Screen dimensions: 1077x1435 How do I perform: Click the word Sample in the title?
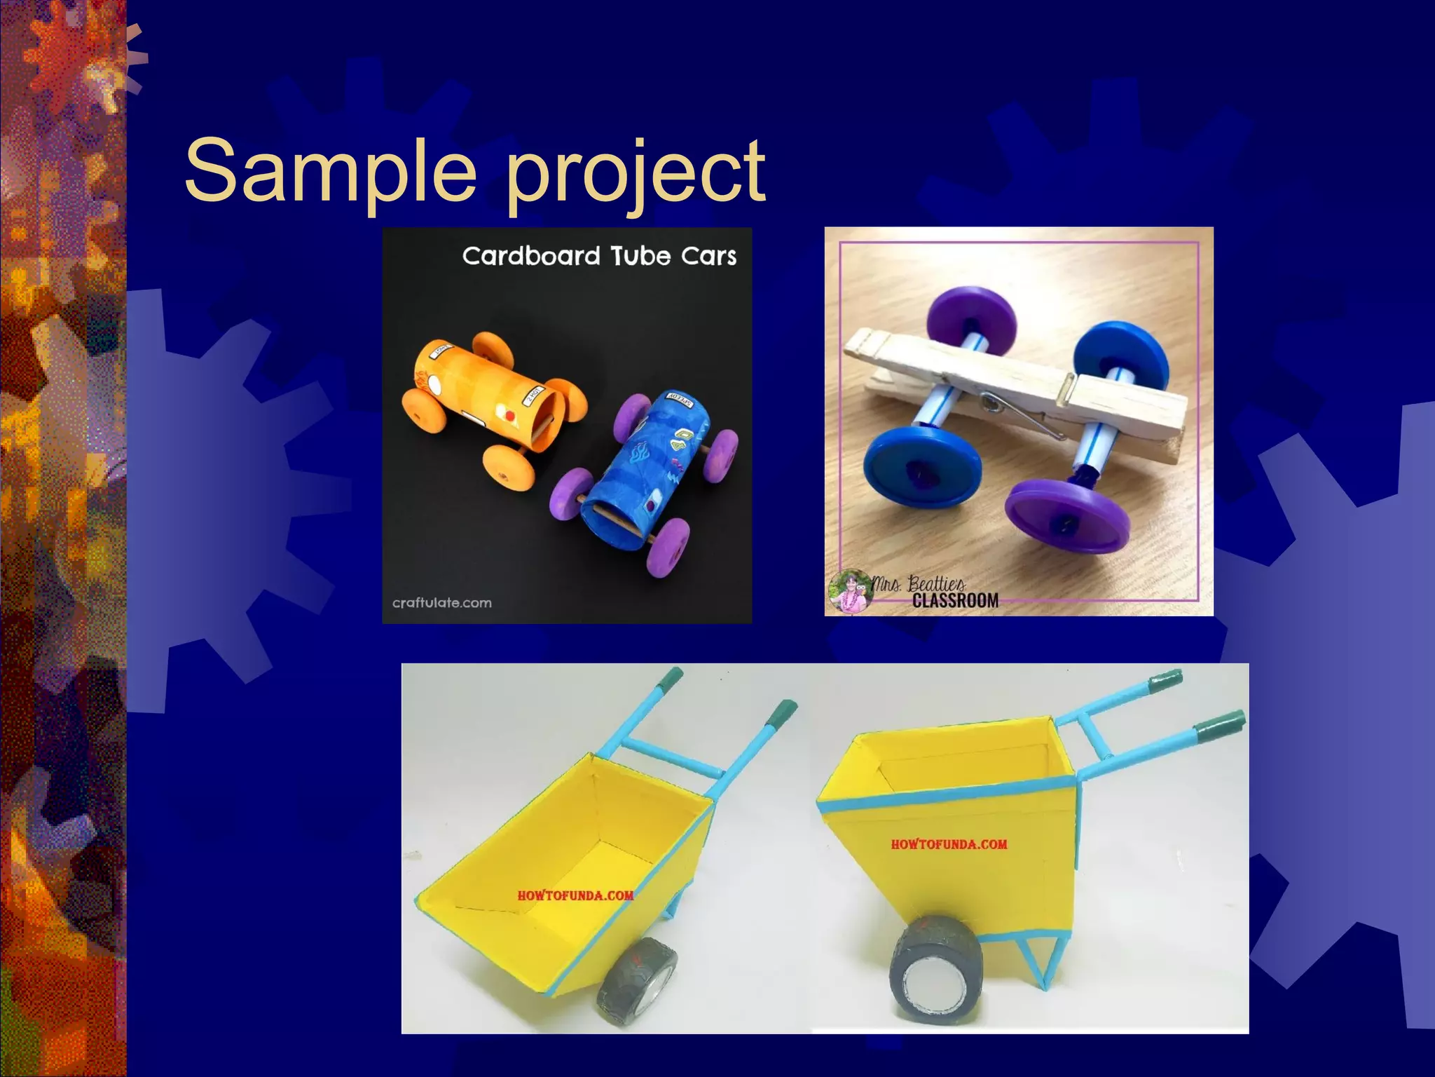point(329,170)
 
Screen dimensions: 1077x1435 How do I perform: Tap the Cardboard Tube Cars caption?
point(599,256)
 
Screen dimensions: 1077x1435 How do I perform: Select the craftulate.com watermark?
point(441,602)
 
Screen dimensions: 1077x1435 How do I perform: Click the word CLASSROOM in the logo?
point(955,600)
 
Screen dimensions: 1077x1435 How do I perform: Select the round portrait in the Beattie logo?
point(851,590)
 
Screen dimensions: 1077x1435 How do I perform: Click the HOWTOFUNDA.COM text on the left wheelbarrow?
point(575,895)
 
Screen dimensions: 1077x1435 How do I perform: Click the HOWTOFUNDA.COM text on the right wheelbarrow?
point(949,844)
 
